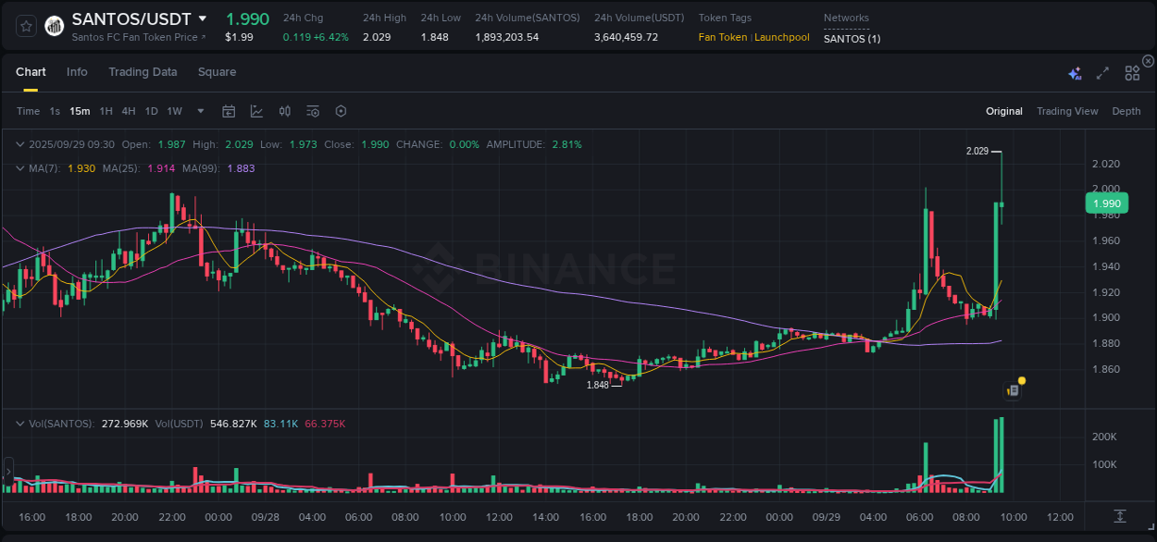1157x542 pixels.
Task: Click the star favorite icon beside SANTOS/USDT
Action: click(x=25, y=26)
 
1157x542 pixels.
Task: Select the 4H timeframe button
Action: click(x=129, y=111)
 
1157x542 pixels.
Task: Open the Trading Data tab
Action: click(x=143, y=72)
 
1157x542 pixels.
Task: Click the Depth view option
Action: click(x=1126, y=111)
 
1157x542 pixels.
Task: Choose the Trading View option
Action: click(x=1066, y=111)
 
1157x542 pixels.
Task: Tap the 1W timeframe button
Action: click(x=174, y=111)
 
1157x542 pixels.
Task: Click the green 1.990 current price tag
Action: click(x=1106, y=203)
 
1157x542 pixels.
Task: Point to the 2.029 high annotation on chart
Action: click(x=977, y=151)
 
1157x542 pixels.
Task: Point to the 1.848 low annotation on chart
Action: click(x=598, y=385)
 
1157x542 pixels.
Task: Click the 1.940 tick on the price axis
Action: click(x=1106, y=266)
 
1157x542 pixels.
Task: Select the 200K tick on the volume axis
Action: click(x=1104, y=437)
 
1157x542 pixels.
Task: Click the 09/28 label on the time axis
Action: click(x=266, y=517)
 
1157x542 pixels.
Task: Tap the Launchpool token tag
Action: click(x=782, y=37)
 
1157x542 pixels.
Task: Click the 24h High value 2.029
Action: click(x=377, y=37)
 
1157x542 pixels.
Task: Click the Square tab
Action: click(x=217, y=72)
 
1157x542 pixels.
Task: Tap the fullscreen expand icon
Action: click(x=1102, y=73)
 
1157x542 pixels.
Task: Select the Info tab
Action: click(x=77, y=72)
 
